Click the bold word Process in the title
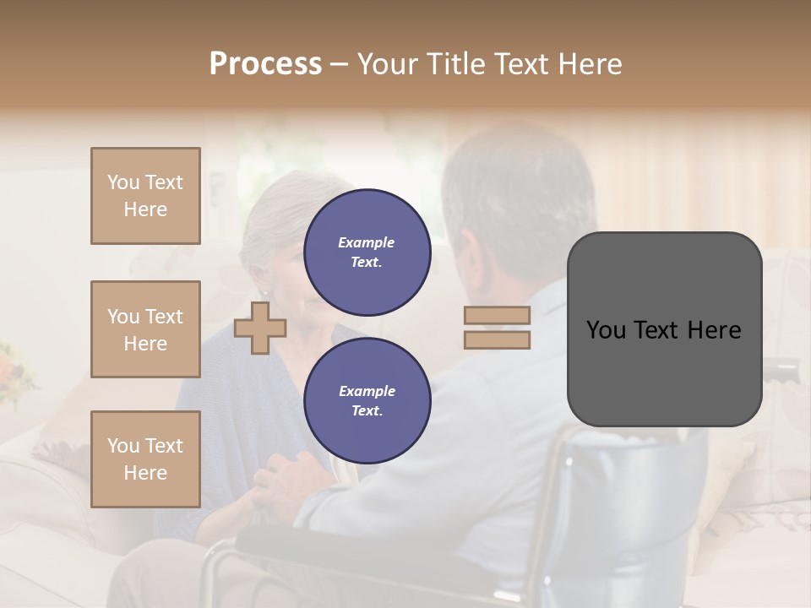[x=265, y=64]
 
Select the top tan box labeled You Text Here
[x=145, y=196]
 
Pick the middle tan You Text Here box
[x=145, y=329]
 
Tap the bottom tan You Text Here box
[x=145, y=459]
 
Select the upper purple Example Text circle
[x=367, y=252]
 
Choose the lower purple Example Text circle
[x=367, y=401]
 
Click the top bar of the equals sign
[x=497, y=316]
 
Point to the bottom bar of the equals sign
[x=497, y=339]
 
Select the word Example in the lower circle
[x=367, y=391]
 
